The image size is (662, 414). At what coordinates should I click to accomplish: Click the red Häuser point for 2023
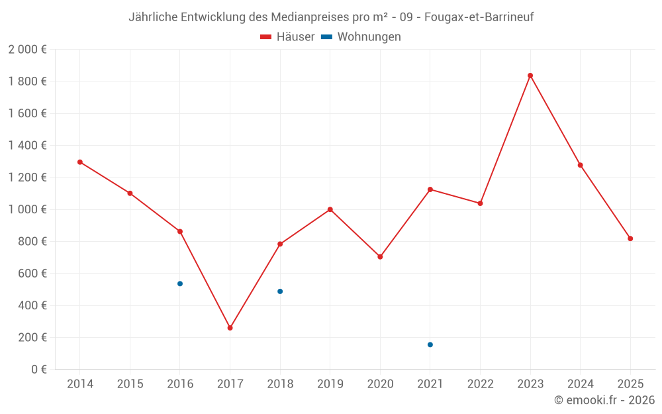(530, 76)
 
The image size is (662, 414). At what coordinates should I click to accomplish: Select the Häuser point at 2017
(230, 328)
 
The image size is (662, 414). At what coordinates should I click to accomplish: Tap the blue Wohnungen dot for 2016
(180, 284)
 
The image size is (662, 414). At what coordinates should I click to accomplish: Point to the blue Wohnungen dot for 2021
(430, 344)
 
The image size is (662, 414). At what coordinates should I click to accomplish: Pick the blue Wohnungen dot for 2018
(280, 291)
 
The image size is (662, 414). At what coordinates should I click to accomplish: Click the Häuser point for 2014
(80, 162)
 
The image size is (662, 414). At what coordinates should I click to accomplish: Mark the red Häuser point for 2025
(630, 238)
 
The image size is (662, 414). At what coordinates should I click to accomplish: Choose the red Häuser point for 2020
(380, 257)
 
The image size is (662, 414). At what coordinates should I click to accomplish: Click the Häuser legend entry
(287, 37)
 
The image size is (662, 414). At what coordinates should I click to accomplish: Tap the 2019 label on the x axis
(330, 384)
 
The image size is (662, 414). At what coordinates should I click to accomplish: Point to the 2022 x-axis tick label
(480, 384)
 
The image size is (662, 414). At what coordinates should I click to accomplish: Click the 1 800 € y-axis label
(27, 81)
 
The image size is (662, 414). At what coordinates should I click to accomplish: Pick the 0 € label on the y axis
(37, 370)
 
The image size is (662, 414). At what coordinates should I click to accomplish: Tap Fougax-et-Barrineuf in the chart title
(479, 17)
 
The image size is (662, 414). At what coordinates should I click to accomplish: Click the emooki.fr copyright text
(604, 400)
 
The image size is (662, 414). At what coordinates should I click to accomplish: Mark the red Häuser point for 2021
(430, 189)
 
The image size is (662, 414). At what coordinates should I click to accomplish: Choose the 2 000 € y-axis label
(27, 50)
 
